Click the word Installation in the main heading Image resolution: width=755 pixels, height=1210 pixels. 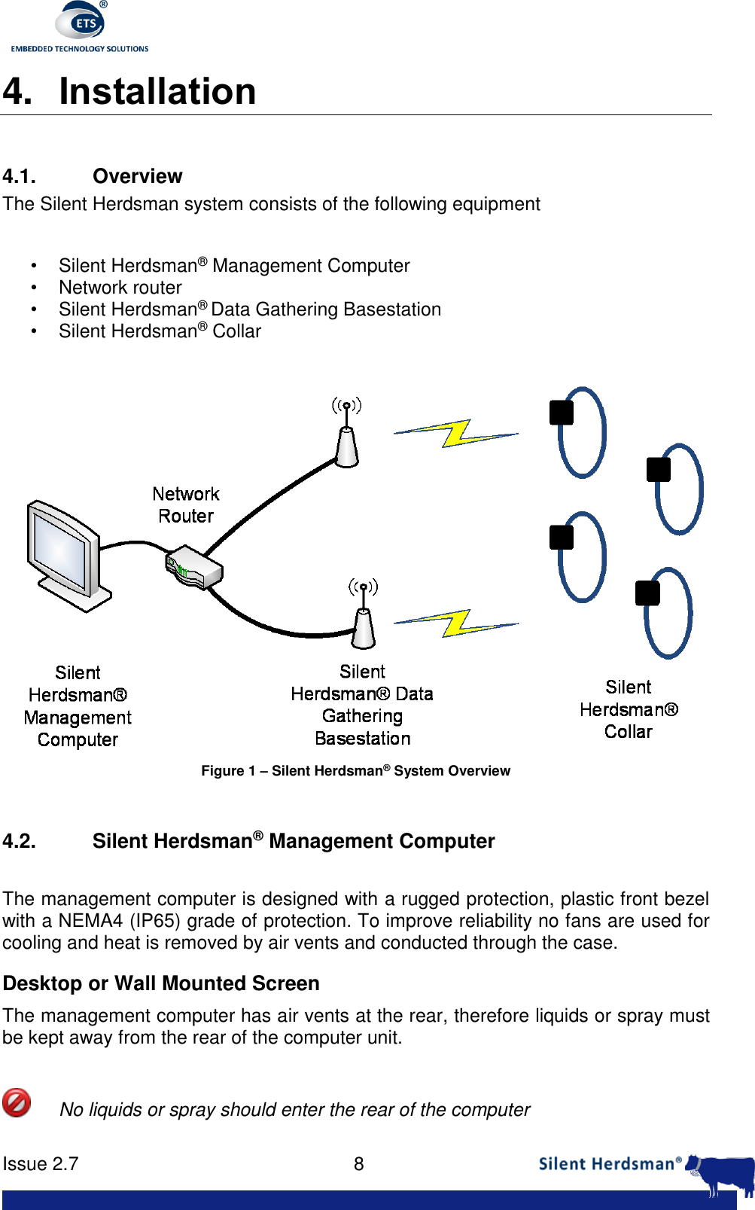(x=157, y=91)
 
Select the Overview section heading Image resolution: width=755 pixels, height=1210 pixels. (x=137, y=176)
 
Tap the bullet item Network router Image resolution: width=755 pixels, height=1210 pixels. (x=120, y=288)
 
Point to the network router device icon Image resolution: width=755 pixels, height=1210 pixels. (x=193, y=569)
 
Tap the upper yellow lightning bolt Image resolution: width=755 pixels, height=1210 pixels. (x=456, y=433)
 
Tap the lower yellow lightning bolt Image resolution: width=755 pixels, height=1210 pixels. (x=456, y=623)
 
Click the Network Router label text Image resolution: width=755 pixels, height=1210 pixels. (x=186, y=505)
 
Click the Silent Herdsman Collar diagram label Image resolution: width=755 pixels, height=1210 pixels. (x=629, y=709)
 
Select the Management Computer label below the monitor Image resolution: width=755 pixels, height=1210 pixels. (x=78, y=706)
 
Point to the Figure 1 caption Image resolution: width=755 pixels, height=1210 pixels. (x=355, y=770)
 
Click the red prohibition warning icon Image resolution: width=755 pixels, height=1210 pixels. (x=17, y=1102)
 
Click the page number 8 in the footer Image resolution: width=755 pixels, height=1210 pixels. (x=359, y=1164)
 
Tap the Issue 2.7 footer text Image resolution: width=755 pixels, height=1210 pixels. (x=41, y=1164)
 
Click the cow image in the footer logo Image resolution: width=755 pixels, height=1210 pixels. (x=724, y=1173)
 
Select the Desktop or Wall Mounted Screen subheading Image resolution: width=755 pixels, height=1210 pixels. (x=161, y=983)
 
